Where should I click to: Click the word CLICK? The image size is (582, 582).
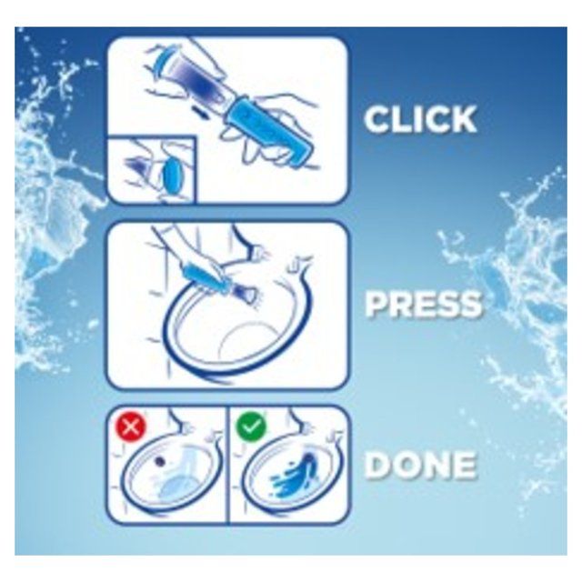coord(420,119)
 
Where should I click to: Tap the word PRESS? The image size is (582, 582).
coord(423,305)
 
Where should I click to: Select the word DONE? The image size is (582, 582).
coord(419,466)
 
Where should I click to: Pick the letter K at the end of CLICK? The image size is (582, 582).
coord(462,119)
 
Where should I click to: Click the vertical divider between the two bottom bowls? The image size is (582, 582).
coord(226,464)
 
